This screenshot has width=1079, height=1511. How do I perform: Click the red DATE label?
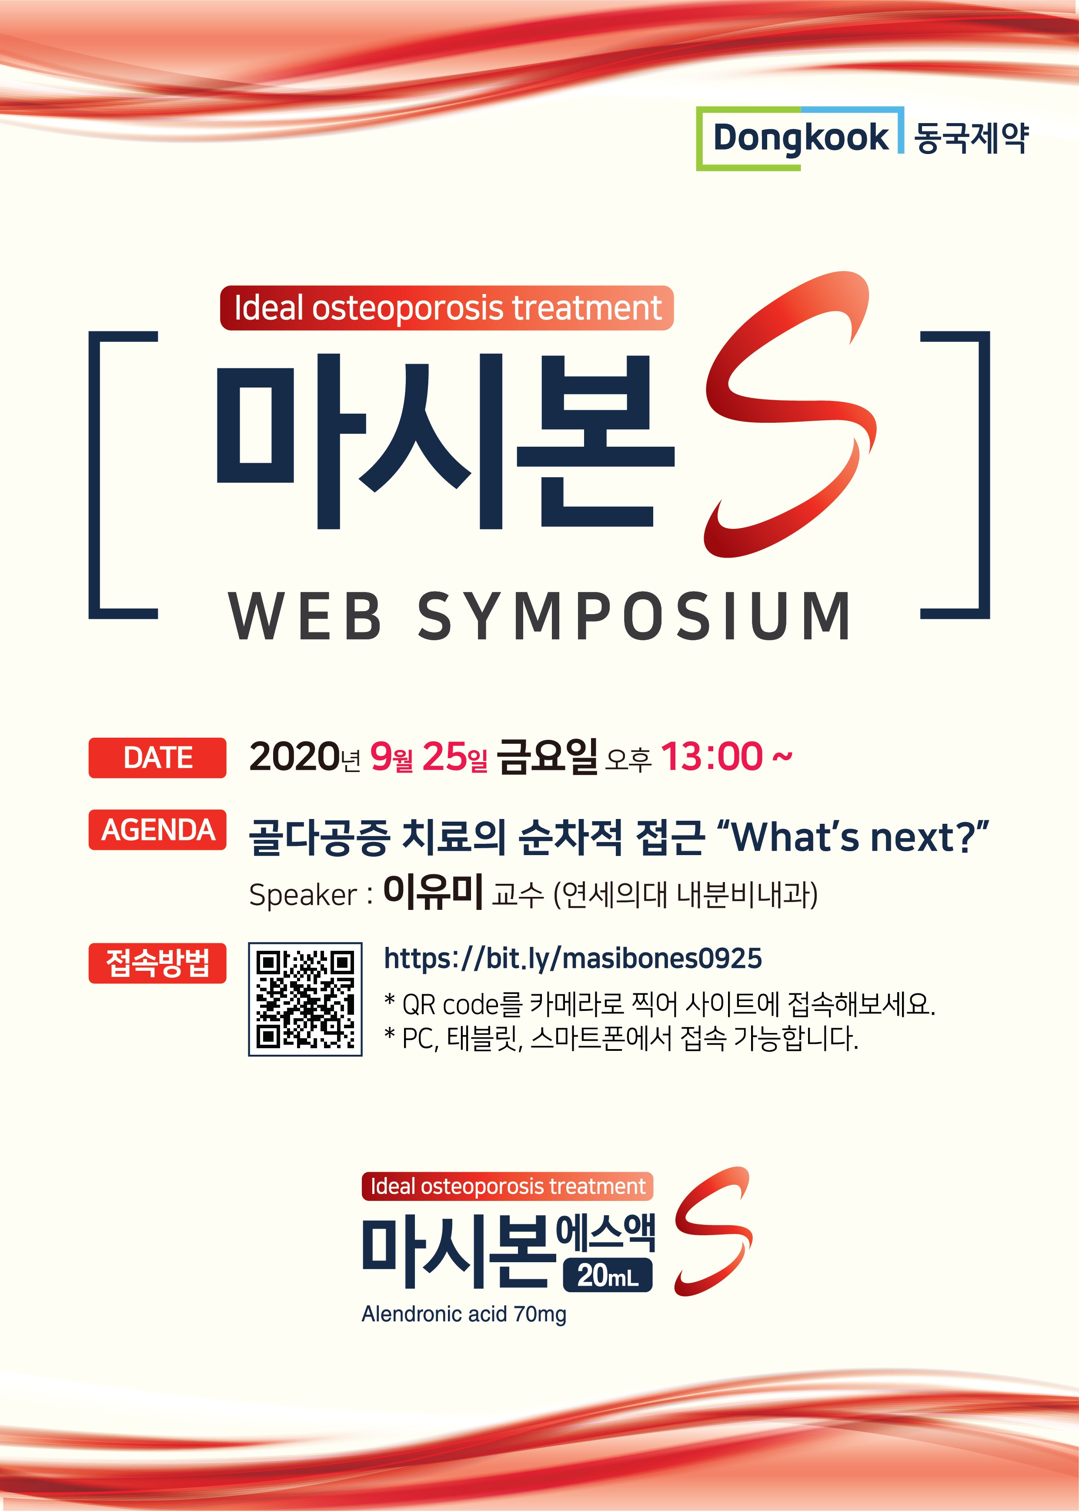pos(157,758)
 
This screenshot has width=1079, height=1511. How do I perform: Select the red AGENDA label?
pos(157,830)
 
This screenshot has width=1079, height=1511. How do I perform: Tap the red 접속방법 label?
pos(157,963)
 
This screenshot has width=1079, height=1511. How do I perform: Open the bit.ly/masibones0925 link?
pos(573,959)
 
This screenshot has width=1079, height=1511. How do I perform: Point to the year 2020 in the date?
pos(294,757)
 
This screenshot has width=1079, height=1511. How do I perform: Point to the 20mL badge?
pos(607,1276)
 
